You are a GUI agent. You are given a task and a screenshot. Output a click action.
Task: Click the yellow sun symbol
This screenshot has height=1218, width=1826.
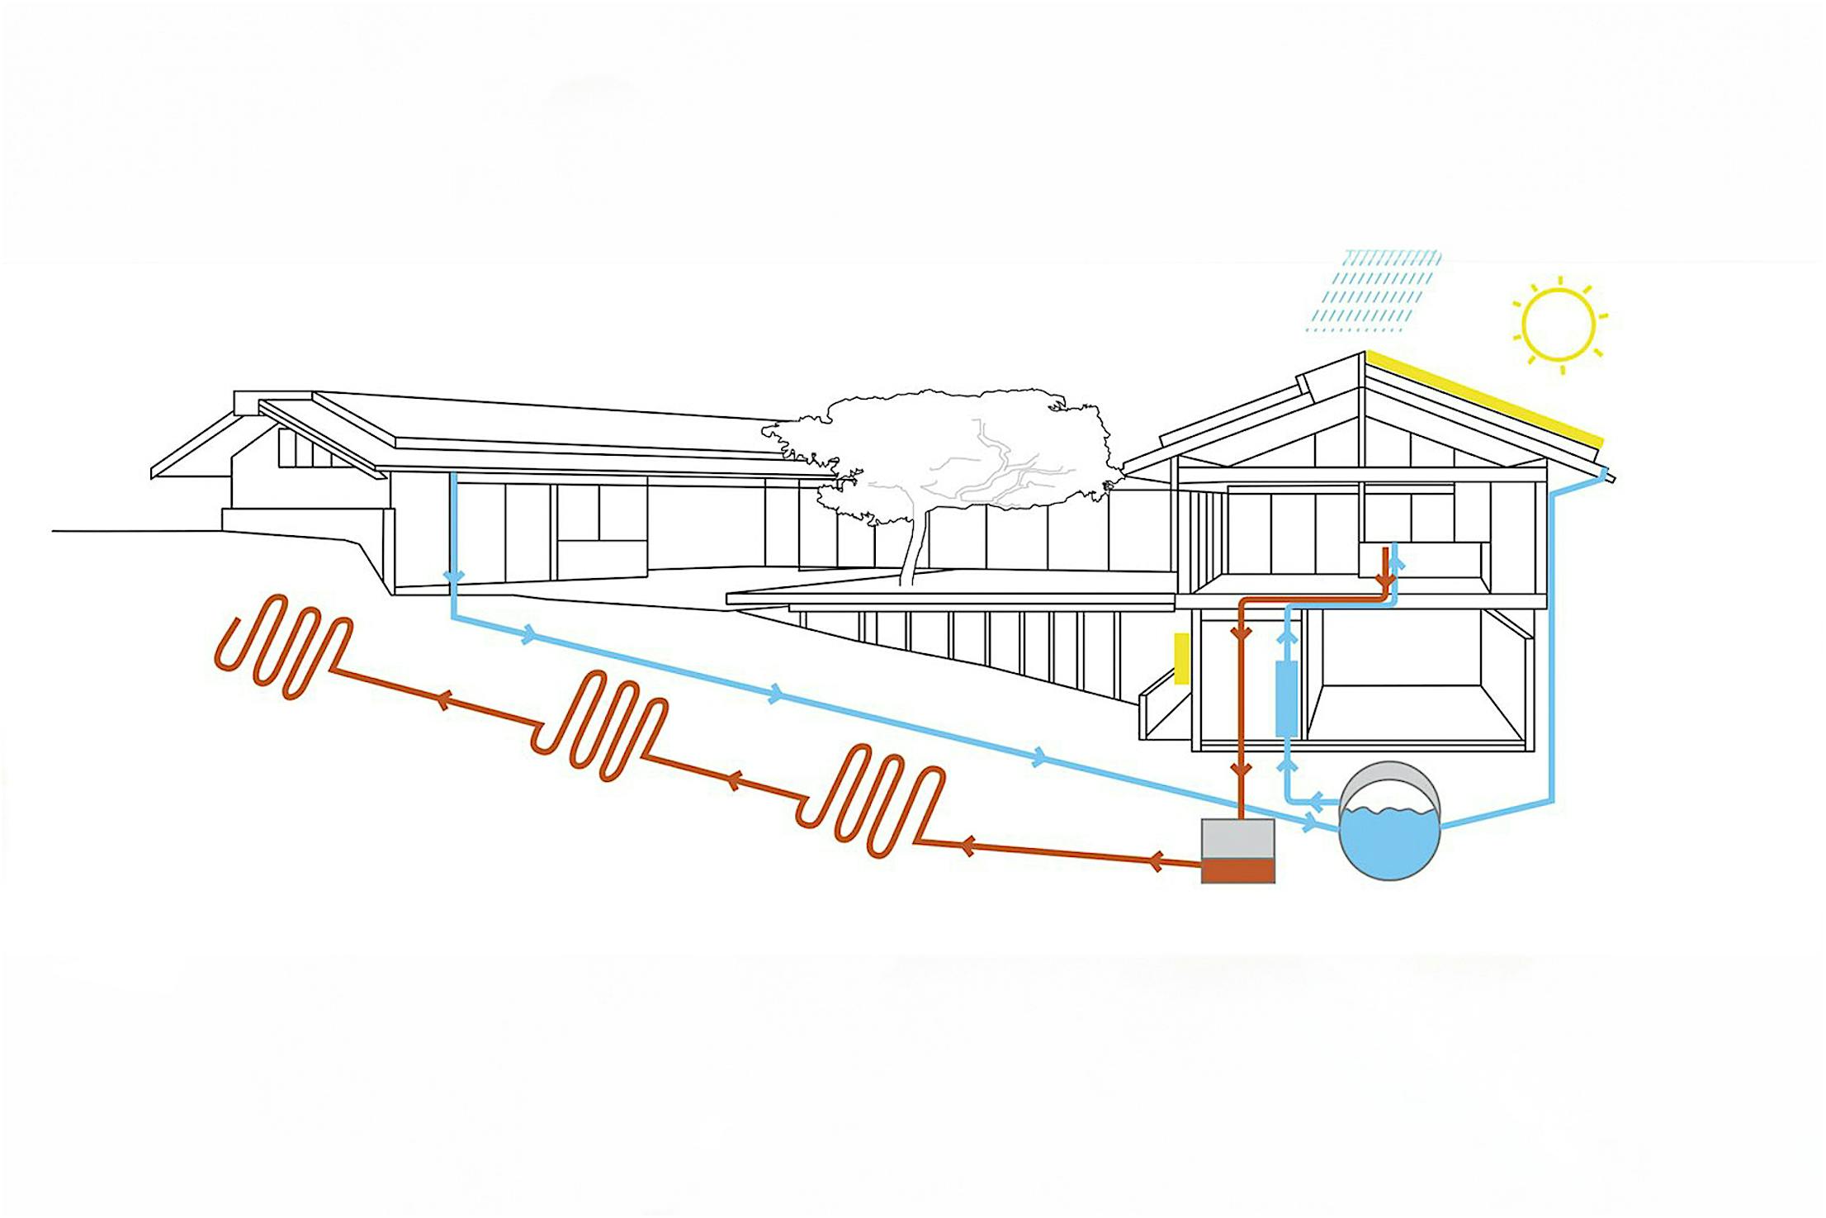coord(1558,324)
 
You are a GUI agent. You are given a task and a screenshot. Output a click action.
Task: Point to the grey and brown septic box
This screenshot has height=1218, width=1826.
coord(1237,851)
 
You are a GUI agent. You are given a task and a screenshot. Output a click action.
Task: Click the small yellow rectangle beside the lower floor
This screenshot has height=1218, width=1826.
coord(1181,658)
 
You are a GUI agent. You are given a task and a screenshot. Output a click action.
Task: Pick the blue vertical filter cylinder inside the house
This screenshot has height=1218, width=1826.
coord(1286,698)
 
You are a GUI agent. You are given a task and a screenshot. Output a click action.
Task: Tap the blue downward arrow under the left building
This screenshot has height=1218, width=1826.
coord(453,576)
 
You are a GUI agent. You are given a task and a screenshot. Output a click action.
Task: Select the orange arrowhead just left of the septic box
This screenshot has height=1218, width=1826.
coord(1156,861)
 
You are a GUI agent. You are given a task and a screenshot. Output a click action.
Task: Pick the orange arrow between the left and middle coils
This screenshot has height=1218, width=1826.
coord(442,701)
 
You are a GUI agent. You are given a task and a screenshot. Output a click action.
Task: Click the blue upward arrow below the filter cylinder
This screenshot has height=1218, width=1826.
coord(1286,765)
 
